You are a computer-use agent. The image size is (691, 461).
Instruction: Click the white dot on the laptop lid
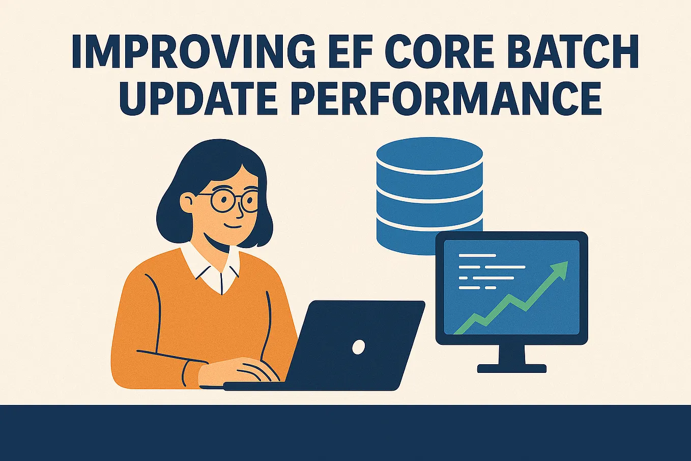[358, 347]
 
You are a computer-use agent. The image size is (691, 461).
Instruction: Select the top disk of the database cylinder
[429, 153]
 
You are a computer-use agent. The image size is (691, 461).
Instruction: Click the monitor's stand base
[511, 368]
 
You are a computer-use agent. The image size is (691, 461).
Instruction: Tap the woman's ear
[188, 202]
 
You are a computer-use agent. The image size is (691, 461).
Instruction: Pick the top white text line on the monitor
[477, 255]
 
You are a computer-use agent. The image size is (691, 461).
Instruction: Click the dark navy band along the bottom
[345, 433]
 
